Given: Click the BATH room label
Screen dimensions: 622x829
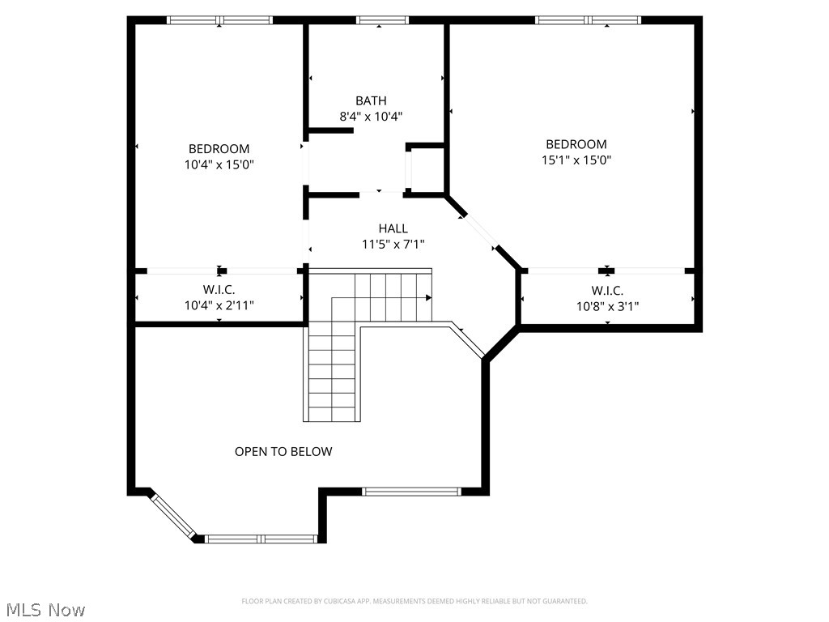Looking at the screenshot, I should (371, 101).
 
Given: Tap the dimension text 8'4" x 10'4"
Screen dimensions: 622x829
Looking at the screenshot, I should (371, 117).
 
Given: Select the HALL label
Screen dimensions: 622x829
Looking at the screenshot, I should (393, 228).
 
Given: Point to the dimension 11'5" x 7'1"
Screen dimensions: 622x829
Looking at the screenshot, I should (393, 244).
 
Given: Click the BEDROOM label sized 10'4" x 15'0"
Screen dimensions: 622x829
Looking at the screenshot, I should (219, 149).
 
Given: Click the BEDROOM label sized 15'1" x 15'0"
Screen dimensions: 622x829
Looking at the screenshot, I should (576, 144).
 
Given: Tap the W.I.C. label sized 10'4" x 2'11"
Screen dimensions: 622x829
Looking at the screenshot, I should (219, 290).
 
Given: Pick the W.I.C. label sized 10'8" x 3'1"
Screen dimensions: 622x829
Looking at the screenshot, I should (607, 291).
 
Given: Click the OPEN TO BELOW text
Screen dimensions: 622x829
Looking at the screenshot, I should (283, 451).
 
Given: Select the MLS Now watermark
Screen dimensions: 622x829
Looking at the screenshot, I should (45, 609).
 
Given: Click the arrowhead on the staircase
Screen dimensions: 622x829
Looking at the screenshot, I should (428, 297).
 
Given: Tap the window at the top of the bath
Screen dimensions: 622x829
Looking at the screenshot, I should (382, 20).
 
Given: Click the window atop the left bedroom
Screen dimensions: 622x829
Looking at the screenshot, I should (219, 20).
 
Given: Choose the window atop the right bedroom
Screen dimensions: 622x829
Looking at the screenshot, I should (588, 20).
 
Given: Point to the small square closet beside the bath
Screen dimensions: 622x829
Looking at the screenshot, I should (426, 170).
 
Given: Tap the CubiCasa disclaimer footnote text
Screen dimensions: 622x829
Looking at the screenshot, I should (414, 601).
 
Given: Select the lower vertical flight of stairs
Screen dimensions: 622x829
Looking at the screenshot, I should (331, 373).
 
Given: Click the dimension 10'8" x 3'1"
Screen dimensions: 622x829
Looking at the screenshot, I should (607, 306).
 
